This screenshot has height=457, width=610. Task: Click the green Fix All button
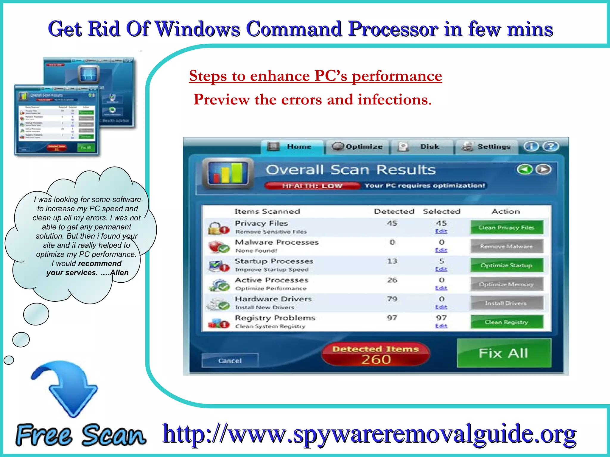point(504,353)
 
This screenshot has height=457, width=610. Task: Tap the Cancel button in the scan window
point(230,361)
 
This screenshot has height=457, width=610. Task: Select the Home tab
point(292,147)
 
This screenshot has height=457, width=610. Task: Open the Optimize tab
point(357,147)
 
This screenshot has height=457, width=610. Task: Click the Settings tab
point(487,147)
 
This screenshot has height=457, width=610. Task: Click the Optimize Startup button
point(507,265)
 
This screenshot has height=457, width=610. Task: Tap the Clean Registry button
point(507,322)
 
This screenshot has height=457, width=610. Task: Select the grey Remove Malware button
point(507,246)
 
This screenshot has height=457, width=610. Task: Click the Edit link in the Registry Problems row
point(441,326)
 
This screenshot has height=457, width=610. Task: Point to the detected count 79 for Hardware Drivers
point(392,299)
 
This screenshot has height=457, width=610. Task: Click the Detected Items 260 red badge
point(376,354)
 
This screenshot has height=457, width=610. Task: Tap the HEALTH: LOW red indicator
point(312,186)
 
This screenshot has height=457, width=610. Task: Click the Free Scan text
point(80,435)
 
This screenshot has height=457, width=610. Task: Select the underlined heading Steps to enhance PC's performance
point(315,76)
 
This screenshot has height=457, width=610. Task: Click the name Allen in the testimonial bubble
point(119,273)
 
